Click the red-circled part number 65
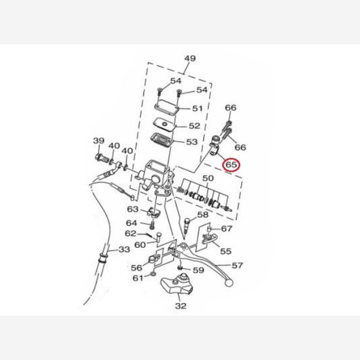point(231,163)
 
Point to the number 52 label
point(194,126)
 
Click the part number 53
point(191,142)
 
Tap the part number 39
point(98,141)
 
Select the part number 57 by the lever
point(237,265)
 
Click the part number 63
point(133,209)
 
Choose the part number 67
point(227,229)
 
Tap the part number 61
point(138,278)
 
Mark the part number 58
point(202,215)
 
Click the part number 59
point(199,271)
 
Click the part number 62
point(131,233)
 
